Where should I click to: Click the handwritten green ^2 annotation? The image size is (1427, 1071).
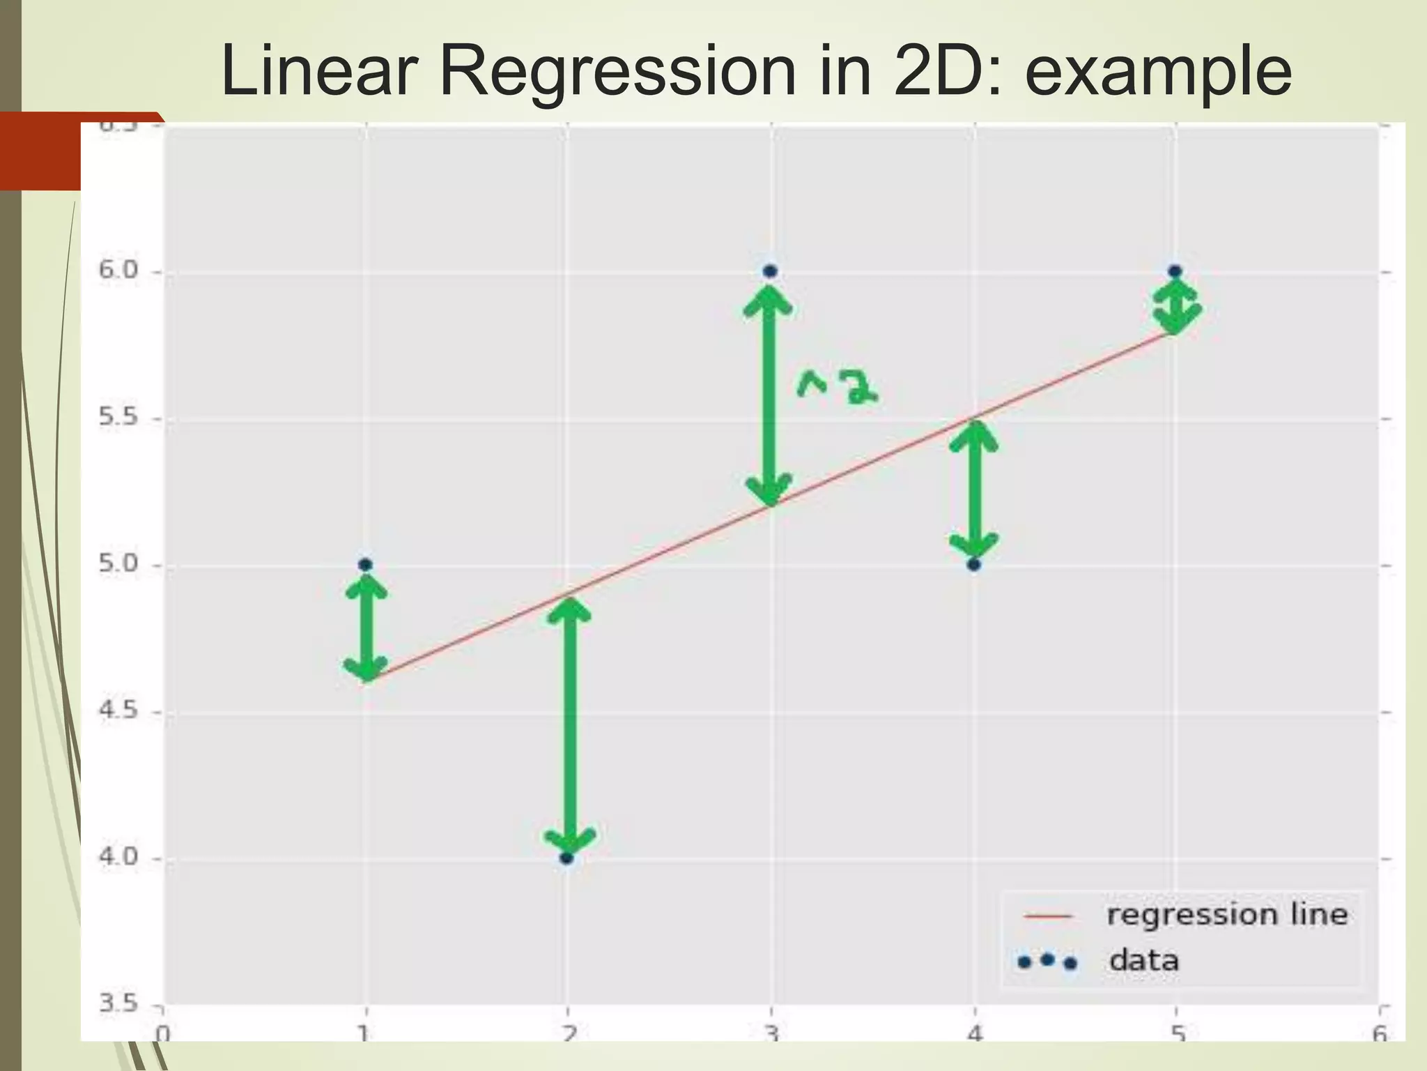click(x=836, y=387)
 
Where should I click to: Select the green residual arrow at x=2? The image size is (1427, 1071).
click(x=570, y=725)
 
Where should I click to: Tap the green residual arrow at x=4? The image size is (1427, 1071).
click(x=974, y=492)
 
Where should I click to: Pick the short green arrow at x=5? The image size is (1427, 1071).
click(x=1176, y=305)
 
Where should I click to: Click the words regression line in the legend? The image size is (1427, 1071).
click(x=1226, y=915)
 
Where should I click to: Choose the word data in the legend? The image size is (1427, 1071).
click(x=1144, y=961)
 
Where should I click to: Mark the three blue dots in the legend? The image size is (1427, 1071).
click(x=1047, y=962)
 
